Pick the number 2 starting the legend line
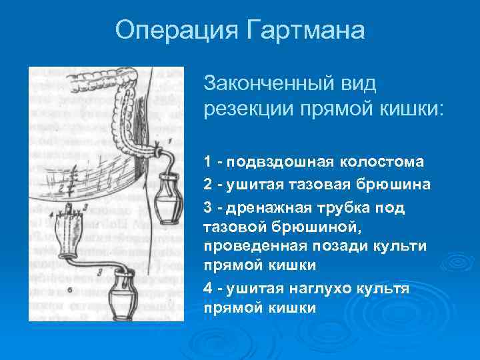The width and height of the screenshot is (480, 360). [209, 183]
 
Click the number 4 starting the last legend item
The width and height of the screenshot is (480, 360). [209, 289]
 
